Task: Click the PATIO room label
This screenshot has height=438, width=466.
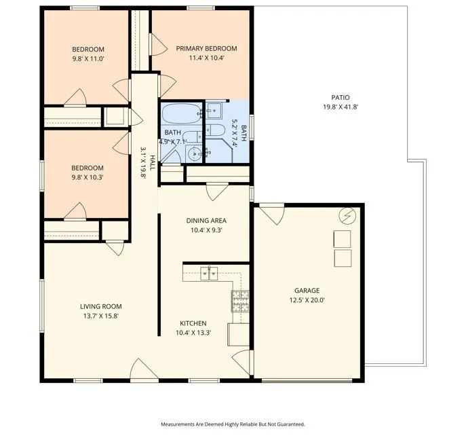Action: click(x=341, y=97)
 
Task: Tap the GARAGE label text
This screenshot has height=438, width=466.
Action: click(x=307, y=291)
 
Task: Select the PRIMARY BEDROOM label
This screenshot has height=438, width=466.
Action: click(x=207, y=48)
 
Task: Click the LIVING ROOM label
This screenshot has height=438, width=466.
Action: click(x=101, y=306)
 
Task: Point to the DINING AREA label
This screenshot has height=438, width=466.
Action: click(x=206, y=221)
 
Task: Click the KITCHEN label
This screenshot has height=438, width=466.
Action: click(x=193, y=323)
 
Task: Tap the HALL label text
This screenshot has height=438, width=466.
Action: click(x=152, y=163)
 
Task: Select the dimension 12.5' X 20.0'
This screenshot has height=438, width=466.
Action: click(x=307, y=300)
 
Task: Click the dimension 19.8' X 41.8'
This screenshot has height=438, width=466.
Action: click(x=341, y=107)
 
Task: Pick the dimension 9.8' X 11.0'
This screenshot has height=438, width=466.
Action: click(x=88, y=58)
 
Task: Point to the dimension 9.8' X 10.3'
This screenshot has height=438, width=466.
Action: click(x=88, y=177)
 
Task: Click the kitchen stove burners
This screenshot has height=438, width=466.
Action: click(x=240, y=301)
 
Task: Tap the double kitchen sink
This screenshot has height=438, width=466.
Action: click(x=209, y=274)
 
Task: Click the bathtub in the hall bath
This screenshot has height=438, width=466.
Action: click(x=182, y=113)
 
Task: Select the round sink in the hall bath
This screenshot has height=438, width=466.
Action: click(x=194, y=153)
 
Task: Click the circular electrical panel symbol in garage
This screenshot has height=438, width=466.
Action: click(x=347, y=215)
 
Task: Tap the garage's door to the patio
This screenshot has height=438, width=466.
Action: click(x=272, y=213)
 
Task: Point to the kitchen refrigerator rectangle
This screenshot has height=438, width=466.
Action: click(x=238, y=334)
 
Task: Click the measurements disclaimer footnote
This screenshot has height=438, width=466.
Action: click(x=233, y=424)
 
